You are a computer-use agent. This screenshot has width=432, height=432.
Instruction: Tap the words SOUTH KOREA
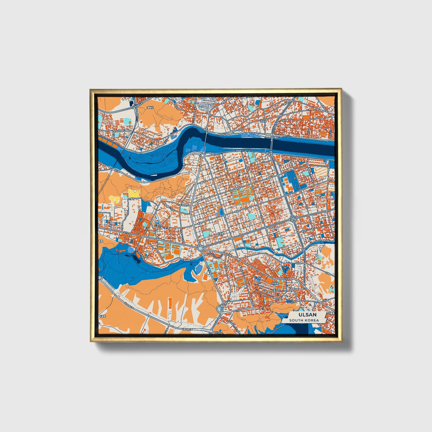[x=304, y=320]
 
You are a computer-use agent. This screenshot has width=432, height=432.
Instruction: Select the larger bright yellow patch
[x=133, y=193]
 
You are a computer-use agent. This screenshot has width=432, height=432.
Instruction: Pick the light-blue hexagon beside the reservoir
[x=131, y=249]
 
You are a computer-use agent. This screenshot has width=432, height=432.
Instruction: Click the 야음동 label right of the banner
[x=331, y=313]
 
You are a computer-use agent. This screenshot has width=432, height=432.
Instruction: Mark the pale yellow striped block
[x=321, y=171]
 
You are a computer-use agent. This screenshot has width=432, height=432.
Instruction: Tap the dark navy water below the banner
[x=302, y=329]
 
